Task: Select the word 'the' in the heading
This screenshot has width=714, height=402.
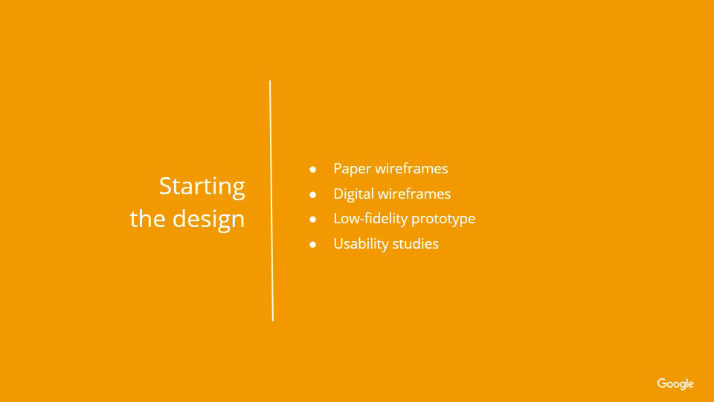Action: click(148, 218)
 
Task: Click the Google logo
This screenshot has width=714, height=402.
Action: click(675, 384)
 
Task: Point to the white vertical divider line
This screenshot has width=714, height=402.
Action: click(271, 200)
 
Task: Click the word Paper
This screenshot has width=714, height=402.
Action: click(353, 169)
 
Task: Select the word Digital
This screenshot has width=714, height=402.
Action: click(354, 194)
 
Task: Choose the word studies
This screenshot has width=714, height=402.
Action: click(415, 244)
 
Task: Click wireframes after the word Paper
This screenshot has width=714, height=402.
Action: click(412, 169)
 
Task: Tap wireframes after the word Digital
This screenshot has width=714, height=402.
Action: click(414, 194)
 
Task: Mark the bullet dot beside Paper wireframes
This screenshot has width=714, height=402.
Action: click(313, 170)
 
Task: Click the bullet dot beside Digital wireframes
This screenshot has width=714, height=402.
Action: click(313, 194)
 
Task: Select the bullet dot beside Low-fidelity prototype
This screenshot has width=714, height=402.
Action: click(313, 219)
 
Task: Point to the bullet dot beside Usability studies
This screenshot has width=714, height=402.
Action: click(313, 245)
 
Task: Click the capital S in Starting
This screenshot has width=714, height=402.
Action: click(165, 186)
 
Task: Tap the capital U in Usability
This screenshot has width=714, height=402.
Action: click(339, 244)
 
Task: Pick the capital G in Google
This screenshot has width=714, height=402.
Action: click(662, 383)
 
